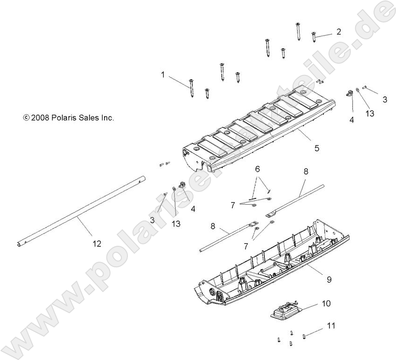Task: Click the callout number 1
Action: pyautogui.click(x=163, y=74)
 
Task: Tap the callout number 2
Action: pyautogui.click(x=338, y=32)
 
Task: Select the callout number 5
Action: pyautogui.click(x=317, y=148)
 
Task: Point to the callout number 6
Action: pyautogui.click(x=257, y=168)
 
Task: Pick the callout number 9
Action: pyautogui.click(x=329, y=279)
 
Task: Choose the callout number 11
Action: pyautogui.click(x=331, y=325)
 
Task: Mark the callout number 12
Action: pyautogui.click(x=97, y=243)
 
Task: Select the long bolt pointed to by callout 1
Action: pyautogui.click(x=192, y=88)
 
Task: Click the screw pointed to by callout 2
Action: pyautogui.click(x=314, y=37)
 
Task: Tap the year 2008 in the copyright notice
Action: pyautogui.click(x=39, y=118)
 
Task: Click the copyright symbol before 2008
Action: pyautogui.click(x=26, y=118)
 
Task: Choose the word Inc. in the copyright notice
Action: pyautogui.click(x=108, y=118)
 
